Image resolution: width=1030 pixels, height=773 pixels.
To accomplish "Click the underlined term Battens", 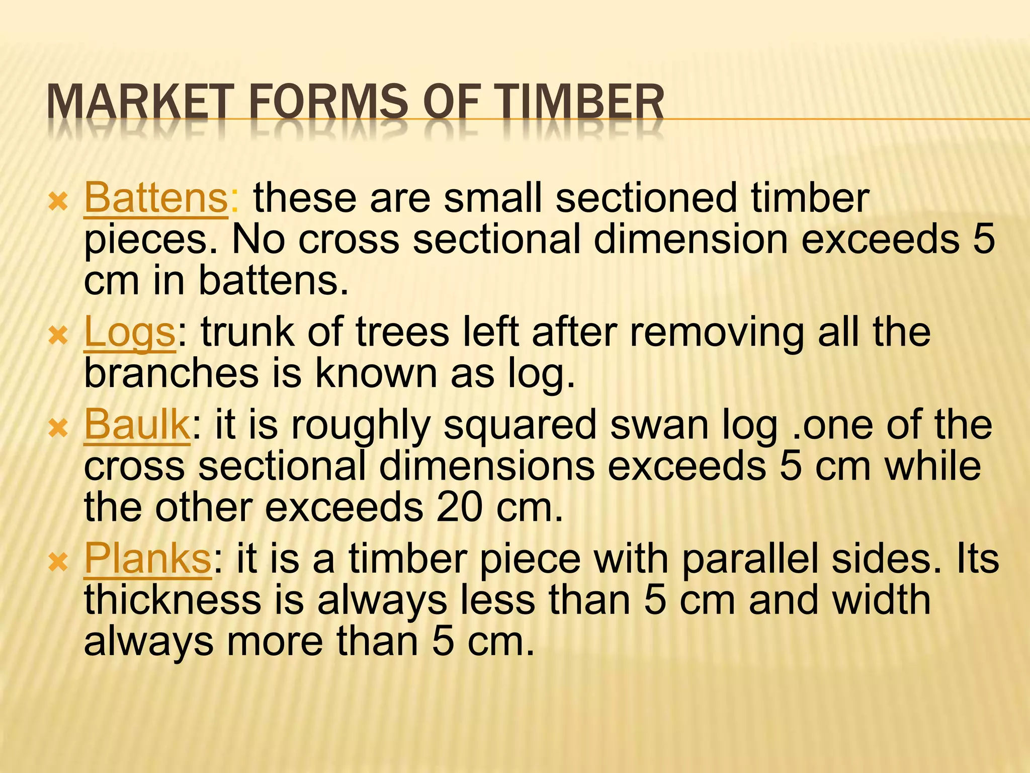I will [x=156, y=198].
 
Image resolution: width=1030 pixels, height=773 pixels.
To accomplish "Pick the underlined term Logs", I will [x=130, y=333].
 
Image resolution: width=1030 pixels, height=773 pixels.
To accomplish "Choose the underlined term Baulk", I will [x=137, y=425].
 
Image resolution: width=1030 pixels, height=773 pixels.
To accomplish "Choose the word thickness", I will [x=173, y=600].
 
